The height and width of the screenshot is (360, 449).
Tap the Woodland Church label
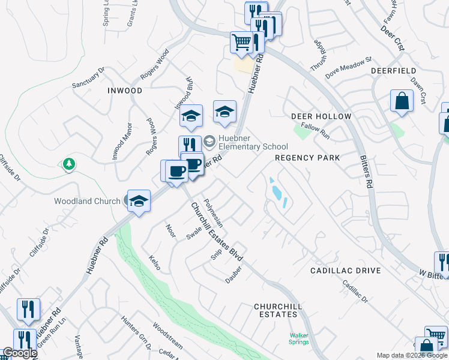click(x=87, y=201)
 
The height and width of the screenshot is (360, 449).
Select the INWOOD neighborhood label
click(x=125, y=91)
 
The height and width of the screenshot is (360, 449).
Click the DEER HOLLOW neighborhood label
click(x=316, y=115)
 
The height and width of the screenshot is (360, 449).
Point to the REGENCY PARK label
click(x=307, y=157)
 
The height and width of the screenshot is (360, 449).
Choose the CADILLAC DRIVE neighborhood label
click(x=345, y=271)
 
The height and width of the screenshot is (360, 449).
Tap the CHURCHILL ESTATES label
click(x=276, y=310)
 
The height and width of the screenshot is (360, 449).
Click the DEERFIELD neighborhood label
click(x=393, y=70)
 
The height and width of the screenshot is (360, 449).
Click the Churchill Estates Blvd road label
click(x=217, y=230)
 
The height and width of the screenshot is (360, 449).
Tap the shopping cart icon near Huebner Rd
click(x=241, y=42)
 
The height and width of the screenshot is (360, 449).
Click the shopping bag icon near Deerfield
click(x=401, y=101)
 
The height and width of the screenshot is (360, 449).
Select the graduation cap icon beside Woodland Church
click(x=139, y=201)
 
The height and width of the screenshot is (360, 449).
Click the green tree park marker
click(x=69, y=163)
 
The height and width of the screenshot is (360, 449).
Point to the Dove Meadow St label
click(x=349, y=68)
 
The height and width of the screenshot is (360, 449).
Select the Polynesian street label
click(x=213, y=213)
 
